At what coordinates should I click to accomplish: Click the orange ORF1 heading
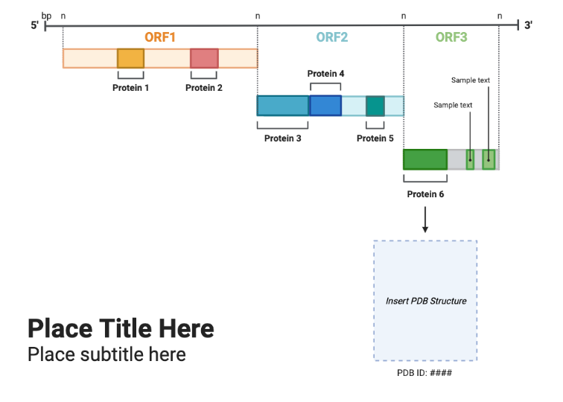(x=160, y=37)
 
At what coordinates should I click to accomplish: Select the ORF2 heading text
(x=331, y=37)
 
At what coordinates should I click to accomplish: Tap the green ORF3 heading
(x=451, y=37)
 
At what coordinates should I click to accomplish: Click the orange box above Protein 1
(x=130, y=59)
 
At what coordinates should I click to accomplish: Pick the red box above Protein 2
(x=204, y=59)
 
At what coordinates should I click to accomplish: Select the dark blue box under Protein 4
(x=325, y=106)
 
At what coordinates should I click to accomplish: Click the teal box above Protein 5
(x=375, y=106)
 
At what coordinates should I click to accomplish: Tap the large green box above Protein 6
(x=425, y=159)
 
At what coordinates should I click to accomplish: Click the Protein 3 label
(x=282, y=138)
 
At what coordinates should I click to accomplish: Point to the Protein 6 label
(x=425, y=194)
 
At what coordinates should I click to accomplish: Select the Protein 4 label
(x=325, y=74)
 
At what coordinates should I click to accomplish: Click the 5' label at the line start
(x=34, y=26)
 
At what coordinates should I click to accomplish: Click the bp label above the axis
(x=46, y=15)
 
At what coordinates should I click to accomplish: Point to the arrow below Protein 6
(x=425, y=220)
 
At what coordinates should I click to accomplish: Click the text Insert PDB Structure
(x=426, y=301)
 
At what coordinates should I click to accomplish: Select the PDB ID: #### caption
(x=424, y=373)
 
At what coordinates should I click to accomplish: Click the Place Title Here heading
(x=121, y=328)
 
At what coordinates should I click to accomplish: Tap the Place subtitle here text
(x=106, y=354)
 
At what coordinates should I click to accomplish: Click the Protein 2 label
(x=204, y=88)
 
